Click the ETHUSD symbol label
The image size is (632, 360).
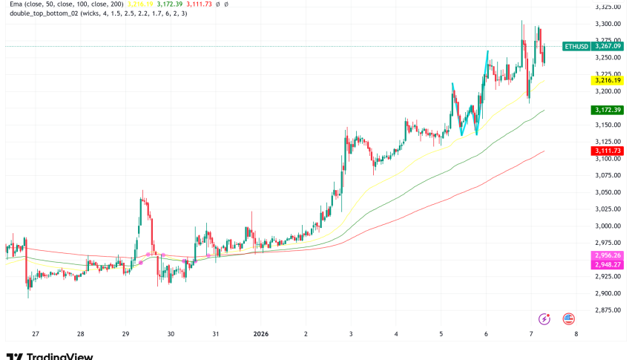[x=576, y=47]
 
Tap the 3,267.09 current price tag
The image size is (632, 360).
[x=608, y=47]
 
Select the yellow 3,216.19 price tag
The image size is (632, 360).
[x=608, y=79]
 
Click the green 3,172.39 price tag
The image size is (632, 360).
[x=608, y=110]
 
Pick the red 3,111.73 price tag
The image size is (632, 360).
[x=608, y=151]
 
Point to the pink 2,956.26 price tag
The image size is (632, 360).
[x=608, y=255]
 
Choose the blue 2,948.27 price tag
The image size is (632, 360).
[x=608, y=264]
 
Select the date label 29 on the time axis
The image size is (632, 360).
[x=126, y=335]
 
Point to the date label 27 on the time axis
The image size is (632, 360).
[x=35, y=335]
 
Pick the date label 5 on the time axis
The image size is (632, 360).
[x=441, y=335]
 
